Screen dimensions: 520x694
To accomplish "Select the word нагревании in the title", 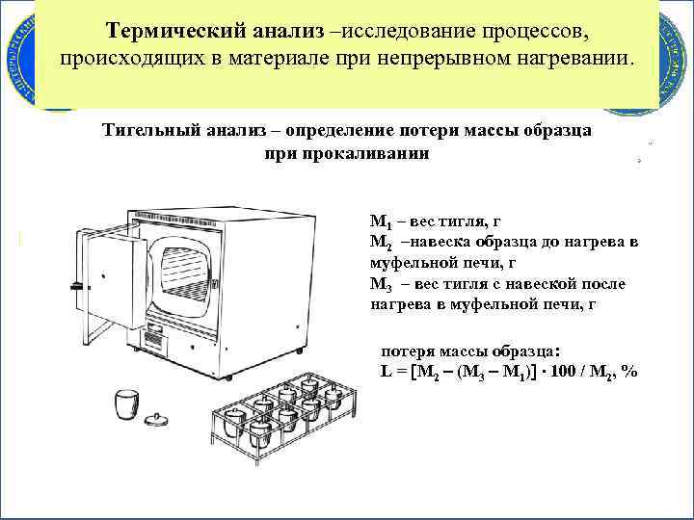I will pos(578,59).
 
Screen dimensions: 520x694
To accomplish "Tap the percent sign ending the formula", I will pos(630,373).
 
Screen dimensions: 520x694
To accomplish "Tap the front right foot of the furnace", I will pos(228,377).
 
